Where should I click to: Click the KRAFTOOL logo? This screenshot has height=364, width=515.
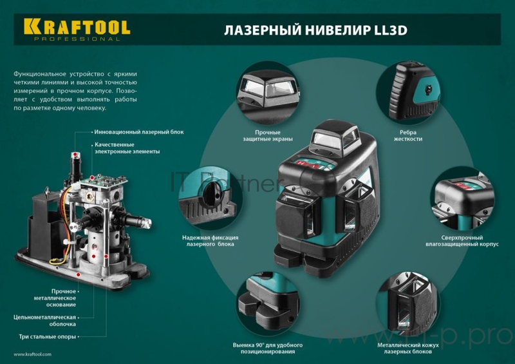pos(77,26)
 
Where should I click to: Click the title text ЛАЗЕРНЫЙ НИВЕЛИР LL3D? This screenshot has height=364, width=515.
pos(315,30)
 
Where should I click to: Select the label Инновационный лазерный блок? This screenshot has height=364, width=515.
pos(139,132)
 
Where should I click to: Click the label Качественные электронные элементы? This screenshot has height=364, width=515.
pos(127,148)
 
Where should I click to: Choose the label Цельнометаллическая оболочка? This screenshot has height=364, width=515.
pos(46,320)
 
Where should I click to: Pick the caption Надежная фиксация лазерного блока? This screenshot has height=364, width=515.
pos(208,241)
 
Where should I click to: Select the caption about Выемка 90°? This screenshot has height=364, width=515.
pos(267,348)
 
